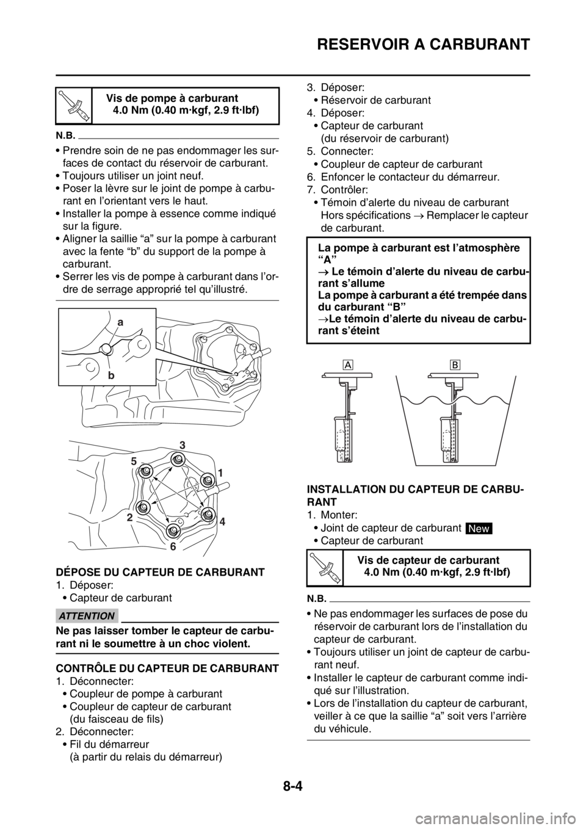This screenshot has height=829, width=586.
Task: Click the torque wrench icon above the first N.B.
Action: click(x=74, y=104)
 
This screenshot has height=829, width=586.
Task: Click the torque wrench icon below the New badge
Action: click(x=325, y=567)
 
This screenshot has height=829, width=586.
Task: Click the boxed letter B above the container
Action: click(x=454, y=364)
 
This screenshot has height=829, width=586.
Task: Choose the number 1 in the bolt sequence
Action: click(x=220, y=472)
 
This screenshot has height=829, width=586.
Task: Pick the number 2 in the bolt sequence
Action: click(x=130, y=517)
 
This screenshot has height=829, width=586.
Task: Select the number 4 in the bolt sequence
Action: click(x=222, y=522)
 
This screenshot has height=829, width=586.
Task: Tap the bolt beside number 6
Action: click(x=173, y=530)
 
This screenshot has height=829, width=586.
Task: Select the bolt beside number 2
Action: click(x=143, y=507)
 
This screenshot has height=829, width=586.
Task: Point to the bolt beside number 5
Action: click(x=146, y=471)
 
